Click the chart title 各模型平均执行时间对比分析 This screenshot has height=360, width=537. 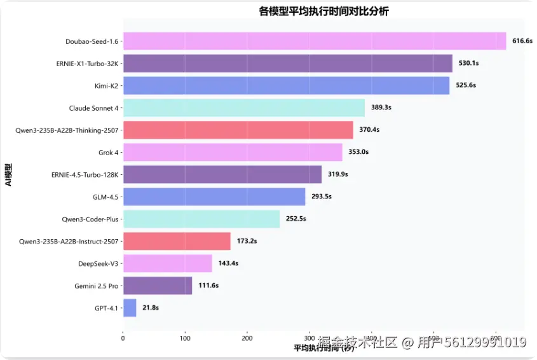tap(323, 11)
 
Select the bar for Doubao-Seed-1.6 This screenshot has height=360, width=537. tap(314, 41)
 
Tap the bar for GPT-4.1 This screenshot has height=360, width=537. tap(130, 308)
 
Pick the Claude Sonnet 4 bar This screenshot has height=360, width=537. tap(243, 108)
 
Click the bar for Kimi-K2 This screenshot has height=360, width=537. tap(286, 86)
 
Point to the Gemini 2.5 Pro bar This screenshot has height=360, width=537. tap(157, 286)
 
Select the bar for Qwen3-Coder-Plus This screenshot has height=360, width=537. tap(201, 219)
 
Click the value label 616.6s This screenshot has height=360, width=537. tap(522, 41)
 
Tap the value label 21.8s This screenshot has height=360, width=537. tap(151, 308)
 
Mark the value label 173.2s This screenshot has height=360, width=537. tap(247, 241)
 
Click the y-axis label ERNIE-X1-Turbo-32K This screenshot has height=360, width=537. tap(88, 64)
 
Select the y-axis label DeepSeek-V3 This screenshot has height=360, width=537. tap(97, 263)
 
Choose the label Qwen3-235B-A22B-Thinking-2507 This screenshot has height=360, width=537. tap(67, 130)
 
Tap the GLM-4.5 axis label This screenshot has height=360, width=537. tap(105, 197)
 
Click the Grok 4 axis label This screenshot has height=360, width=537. tap(109, 152)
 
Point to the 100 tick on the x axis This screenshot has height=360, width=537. tap(185, 338)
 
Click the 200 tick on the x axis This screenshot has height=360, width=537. tap(247, 338)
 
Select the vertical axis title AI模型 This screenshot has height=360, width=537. tap(8, 175)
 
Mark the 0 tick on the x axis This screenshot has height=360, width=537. tap(123, 338)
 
